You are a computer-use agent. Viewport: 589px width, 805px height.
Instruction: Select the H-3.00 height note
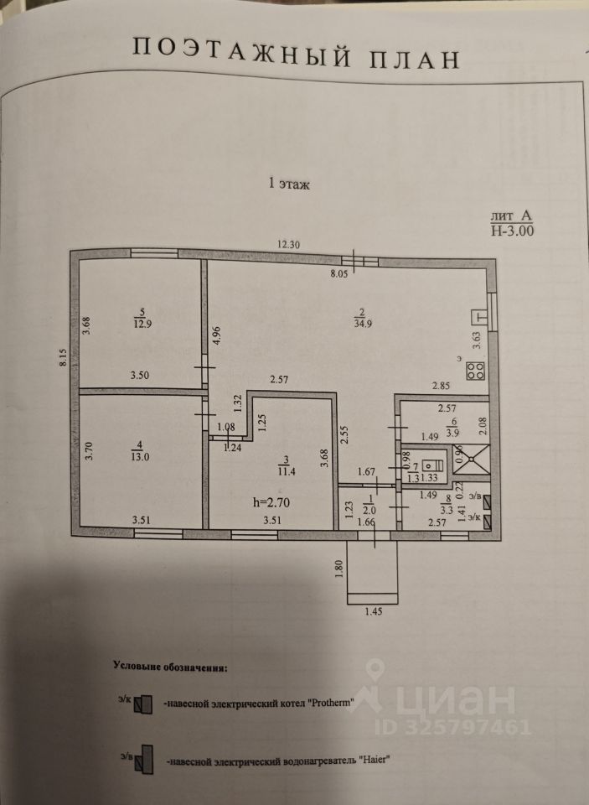point(513,229)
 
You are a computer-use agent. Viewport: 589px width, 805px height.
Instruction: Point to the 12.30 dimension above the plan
point(291,244)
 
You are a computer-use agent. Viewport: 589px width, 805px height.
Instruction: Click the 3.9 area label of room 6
point(453,433)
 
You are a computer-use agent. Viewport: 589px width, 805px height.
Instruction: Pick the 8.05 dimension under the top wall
point(339,273)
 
